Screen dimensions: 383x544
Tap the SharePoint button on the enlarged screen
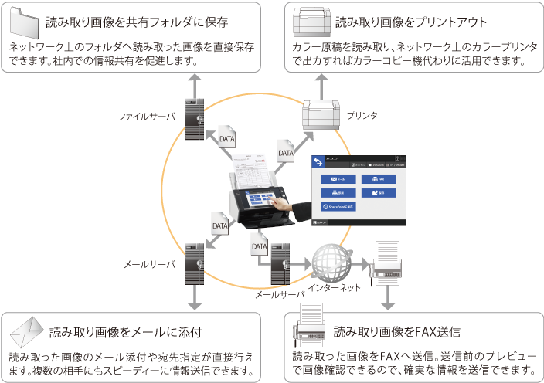pos(338,206)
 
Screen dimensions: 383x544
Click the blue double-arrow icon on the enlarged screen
pos(318,161)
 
